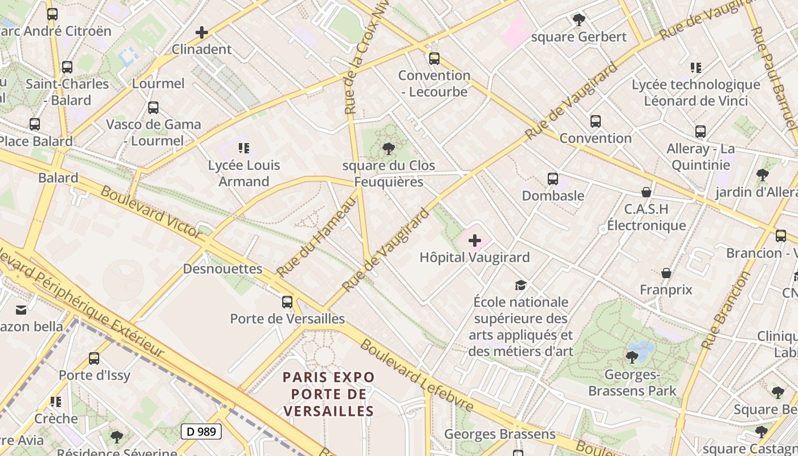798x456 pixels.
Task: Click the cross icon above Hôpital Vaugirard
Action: (x=474, y=241)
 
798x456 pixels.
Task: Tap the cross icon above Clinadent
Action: (x=202, y=32)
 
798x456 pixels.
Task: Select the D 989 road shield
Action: (x=201, y=431)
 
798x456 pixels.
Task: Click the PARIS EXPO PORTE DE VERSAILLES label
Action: (x=329, y=394)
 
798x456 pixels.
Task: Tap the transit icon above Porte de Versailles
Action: (x=287, y=302)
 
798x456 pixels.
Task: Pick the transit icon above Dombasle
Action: (x=553, y=179)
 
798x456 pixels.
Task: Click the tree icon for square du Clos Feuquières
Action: (x=389, y=149)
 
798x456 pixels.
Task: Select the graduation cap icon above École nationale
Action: (x=520, y=285)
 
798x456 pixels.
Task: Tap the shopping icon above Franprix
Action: (x=666, y=273)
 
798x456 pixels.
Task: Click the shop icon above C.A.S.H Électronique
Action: (x=646, y=192)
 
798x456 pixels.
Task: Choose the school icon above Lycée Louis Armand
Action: (x=244, y=148)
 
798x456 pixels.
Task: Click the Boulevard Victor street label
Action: (x=151, y=211)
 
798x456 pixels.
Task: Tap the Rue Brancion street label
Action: (x=726, y=310)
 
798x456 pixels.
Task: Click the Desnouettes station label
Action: (x=222, y=268)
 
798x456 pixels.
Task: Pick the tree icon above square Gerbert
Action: (x=579, y=20)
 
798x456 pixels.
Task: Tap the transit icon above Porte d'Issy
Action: (x=94, y=359)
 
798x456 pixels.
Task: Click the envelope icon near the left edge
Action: (x=21, y=310)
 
